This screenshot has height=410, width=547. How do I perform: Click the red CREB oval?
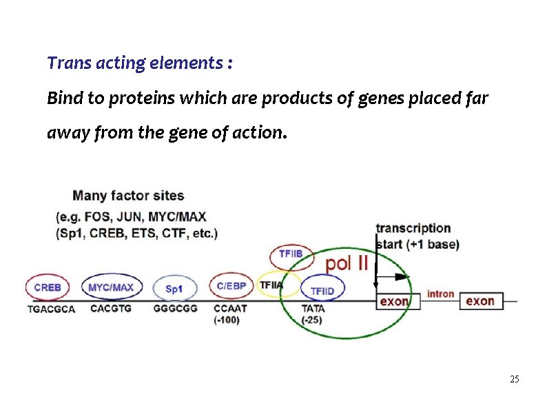tap(47, 287)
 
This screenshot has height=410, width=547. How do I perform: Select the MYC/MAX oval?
tap(112, 287)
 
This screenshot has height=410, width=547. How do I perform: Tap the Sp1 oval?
tap(174, 289)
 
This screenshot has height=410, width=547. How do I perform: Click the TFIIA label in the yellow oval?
tap(271, 285)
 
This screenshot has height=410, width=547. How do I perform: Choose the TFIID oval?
tap(322, 291)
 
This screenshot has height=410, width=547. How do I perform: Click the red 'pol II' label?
tap(347, 263)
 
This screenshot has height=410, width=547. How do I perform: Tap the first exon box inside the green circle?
tap(393, 301)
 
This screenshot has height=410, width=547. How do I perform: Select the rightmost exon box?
tap(480, 301)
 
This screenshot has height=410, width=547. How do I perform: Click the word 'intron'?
tap(440, 294)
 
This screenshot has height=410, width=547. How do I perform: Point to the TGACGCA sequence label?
tap(51, 309)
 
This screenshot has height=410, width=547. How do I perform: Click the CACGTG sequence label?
tap(110, 308)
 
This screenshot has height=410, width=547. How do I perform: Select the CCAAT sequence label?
tap(230, 308)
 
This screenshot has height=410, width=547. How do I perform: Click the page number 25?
tap(514, 380)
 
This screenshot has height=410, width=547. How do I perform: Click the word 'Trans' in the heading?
tap(65, 63)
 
